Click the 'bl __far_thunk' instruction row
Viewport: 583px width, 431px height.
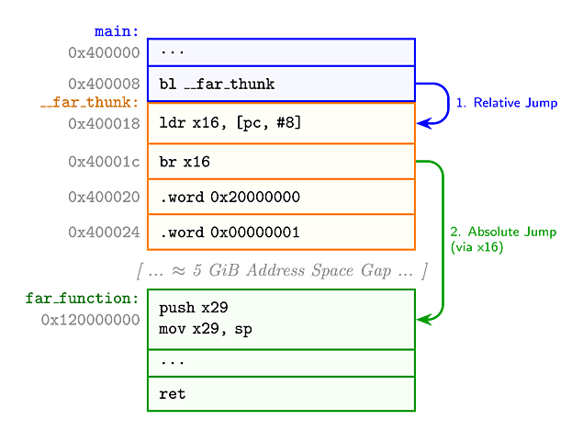tap(281, 85)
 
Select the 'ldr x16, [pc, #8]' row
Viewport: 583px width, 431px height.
tap(281, 123)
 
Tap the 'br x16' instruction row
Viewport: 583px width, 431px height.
tap(281, 162)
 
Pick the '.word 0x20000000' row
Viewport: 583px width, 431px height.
tap(281, 197)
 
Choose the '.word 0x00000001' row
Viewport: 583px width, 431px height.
tap(281, 232)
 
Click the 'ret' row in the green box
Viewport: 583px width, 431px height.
tap(281, 394)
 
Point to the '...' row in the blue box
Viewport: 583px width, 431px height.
tap(281, 51)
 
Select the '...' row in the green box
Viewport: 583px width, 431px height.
tap(281, 363)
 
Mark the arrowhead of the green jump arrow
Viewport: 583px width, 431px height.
tap(423, 320)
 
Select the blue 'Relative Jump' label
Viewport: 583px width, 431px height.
tap(507, 103)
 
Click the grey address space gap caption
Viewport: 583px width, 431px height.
tap(282, 270)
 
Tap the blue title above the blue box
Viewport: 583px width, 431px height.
tap(116, 31)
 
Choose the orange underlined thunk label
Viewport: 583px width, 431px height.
tap(89, 102)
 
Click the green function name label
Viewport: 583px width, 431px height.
tap(82, 299)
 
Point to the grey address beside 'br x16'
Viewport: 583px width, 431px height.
tap(104, 162)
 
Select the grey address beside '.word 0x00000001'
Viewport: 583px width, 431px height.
tap(104, 232)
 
